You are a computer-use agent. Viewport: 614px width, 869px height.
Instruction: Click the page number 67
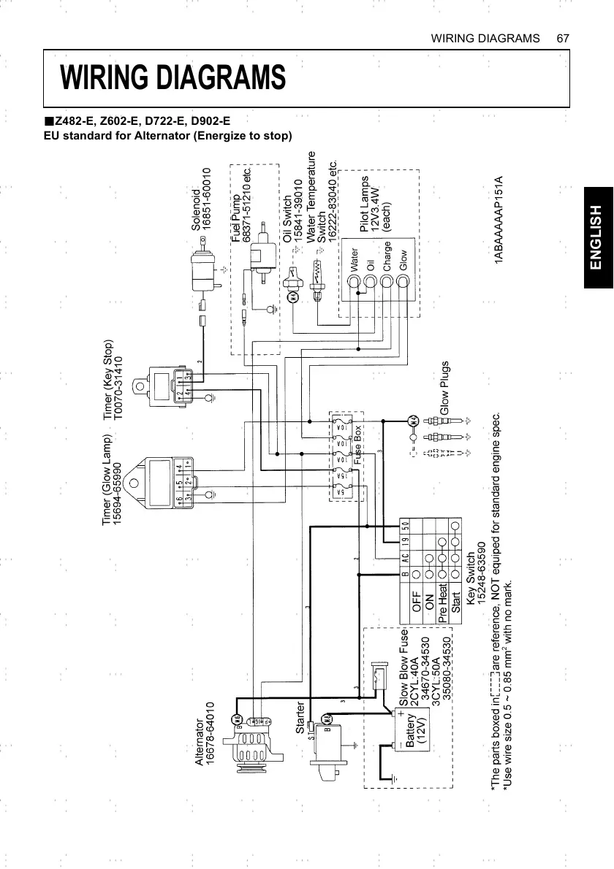click(562, 37)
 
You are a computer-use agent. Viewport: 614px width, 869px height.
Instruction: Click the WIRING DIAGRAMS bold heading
click(173, 77)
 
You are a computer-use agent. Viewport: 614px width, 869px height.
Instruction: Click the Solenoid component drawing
click(201, 272)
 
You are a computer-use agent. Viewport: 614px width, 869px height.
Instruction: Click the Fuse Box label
click(358, 445)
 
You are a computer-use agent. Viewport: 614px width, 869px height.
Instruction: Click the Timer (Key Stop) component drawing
click(171, 386)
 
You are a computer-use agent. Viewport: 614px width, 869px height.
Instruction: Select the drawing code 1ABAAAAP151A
click(499, 220)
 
